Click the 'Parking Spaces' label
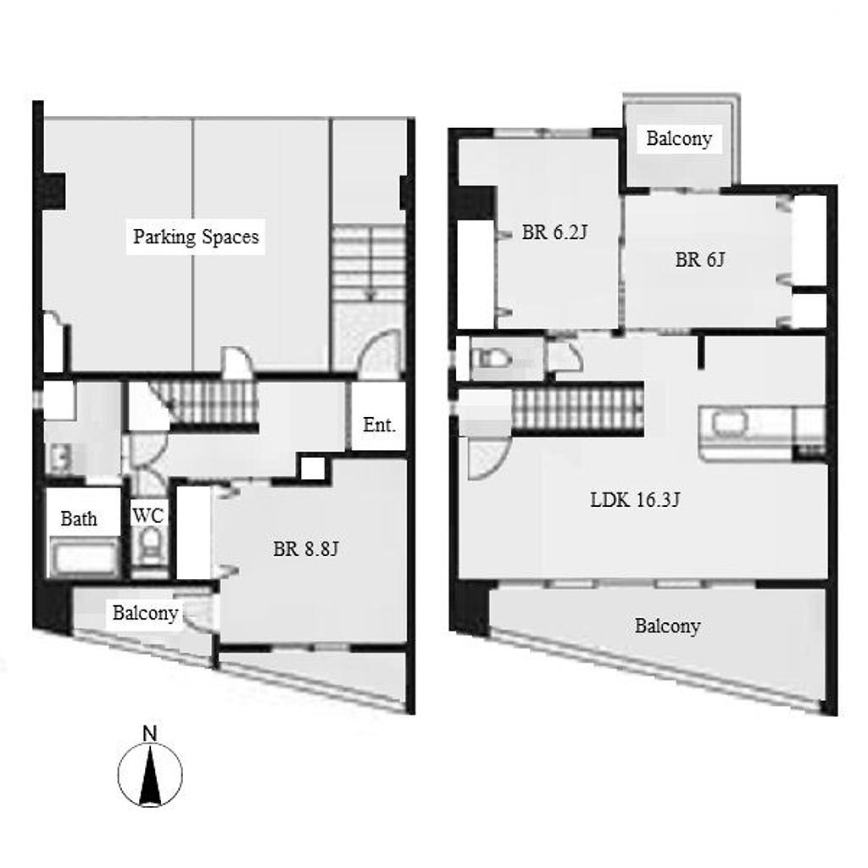click(x=196, y=237)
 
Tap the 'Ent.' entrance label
click(x=379, y=426)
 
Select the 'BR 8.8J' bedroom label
click(x=305, y=548)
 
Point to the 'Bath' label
click(x=79, y=519)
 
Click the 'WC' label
click(x=147, y=515)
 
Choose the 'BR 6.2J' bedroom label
click(x=554, y=232)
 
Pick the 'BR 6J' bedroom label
click(x=699, y=259)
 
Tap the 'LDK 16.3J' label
click(x=635, y=500)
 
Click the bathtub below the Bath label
click(x=84, y=556)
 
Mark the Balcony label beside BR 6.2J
click(x=679, y=138)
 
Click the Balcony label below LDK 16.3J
click(x=668, y=626)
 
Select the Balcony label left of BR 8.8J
click(x=145, y=612)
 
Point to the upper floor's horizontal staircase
click(x=577, y=409)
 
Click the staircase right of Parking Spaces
click(x=369, y=263)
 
